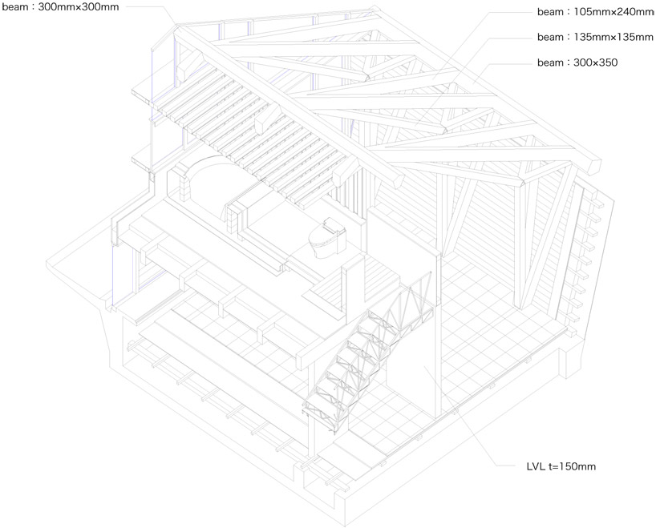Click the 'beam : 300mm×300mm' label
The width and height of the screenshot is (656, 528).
[x=59, y=7]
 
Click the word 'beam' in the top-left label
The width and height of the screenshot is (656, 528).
[x=17, y=7]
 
